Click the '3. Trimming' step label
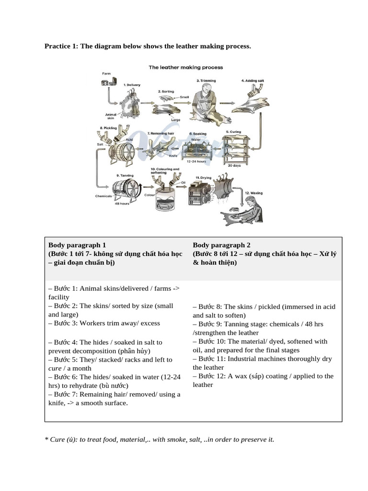pos(206,81)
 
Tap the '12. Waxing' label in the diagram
pos(253,192)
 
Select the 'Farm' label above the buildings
pos(106,73)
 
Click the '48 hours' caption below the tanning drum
pos(122,203)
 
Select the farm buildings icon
pos(109,82)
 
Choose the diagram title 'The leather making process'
pos(185,68)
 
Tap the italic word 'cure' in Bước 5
pos(55,368)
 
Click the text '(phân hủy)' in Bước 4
pos(134,351)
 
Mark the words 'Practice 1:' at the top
pos(61,47)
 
